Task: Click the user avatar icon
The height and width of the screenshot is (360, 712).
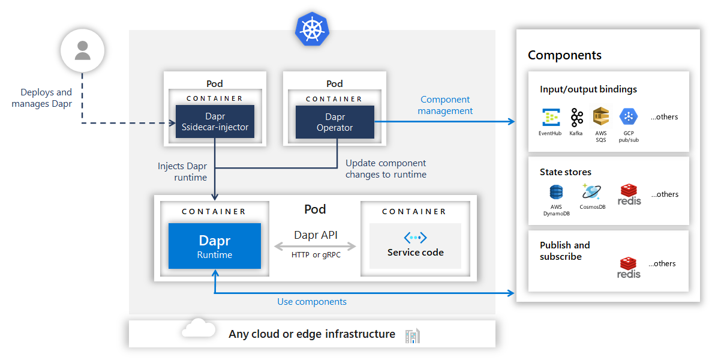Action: click(x=82, y=50)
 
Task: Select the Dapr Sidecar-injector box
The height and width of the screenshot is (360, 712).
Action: click(x=215, y=122)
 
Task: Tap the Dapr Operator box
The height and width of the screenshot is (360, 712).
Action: click(x=335, y=122)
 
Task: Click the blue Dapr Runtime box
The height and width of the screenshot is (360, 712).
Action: click(x=215, y=246)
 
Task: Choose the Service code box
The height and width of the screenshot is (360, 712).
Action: click(x=415, y=246)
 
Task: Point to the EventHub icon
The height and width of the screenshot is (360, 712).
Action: click(x=550, y=117)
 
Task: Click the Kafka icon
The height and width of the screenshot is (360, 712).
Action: click(x=576, y=117)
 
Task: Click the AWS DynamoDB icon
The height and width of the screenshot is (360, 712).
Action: click(x=556, y=193)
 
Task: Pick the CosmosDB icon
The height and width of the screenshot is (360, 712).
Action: click(x=591, y=192)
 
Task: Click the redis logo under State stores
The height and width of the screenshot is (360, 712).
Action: click(x=629, y=194)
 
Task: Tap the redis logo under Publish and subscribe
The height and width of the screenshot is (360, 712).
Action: click(x=629, y=268)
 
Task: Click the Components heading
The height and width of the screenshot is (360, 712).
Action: click(x=564, y=55)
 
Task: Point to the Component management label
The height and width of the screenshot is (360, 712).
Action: click(x=445, y=105)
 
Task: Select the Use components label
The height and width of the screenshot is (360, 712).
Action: click(x=311, y=302)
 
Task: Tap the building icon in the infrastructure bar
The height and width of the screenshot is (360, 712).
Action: click(x=413, y=336)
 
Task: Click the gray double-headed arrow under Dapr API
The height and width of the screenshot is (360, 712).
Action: click(x=315, y=246)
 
